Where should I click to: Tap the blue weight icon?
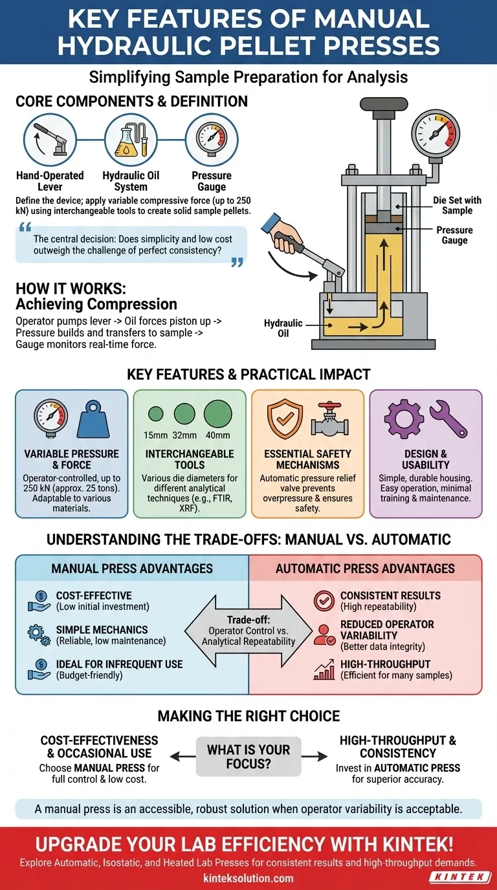98,420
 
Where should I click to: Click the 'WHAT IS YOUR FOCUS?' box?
248,756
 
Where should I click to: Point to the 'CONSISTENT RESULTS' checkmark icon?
324,600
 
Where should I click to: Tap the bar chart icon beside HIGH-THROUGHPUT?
324,669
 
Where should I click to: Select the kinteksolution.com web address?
248,878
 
